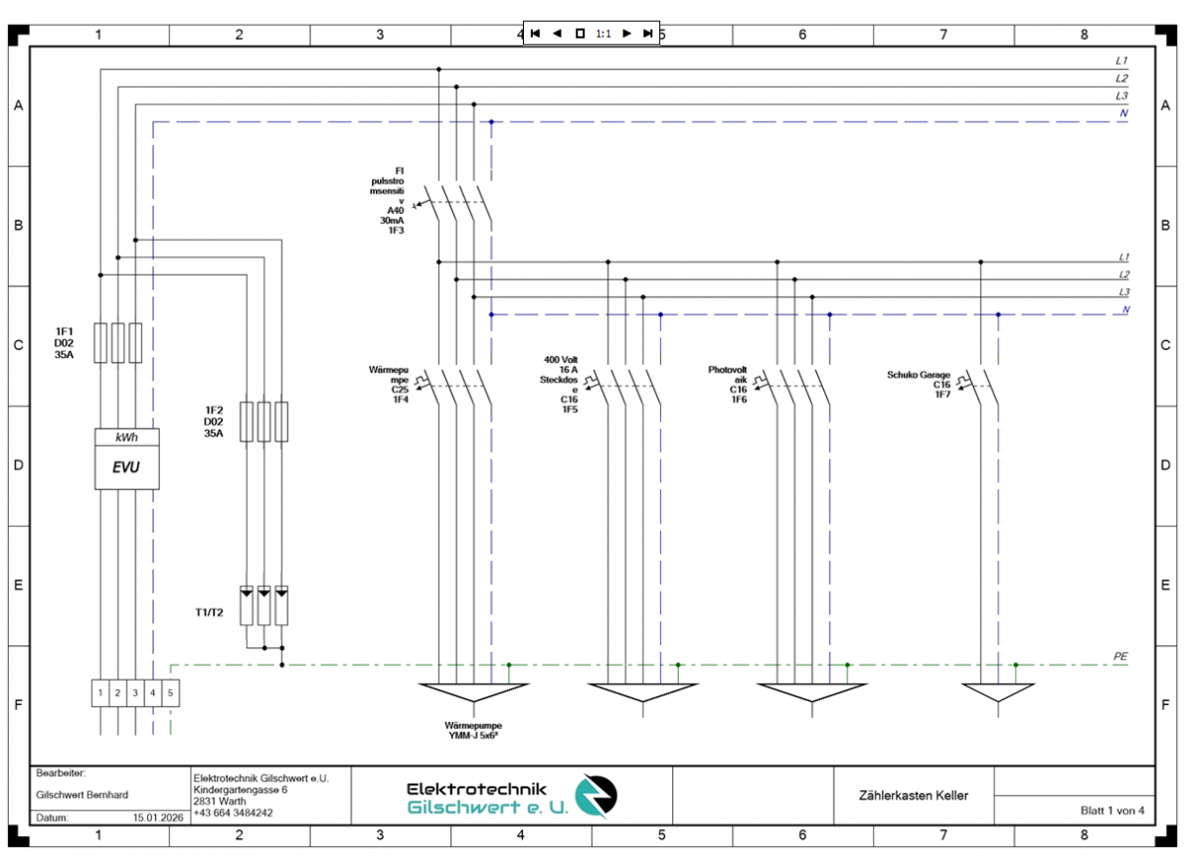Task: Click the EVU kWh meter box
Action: point(126,458)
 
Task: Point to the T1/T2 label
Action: point(209,612)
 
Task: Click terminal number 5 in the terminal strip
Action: point(171,692)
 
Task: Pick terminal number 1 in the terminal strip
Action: point(100,692)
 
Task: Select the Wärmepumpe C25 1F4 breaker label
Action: point(392,384)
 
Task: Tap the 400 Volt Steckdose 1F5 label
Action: point(561,384)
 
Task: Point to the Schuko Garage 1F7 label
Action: point(919,384)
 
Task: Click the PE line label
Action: point(1120,657)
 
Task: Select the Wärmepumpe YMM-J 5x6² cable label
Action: point(473,731)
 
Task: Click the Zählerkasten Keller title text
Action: point(913,795)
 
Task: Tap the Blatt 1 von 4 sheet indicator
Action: point(1112,810)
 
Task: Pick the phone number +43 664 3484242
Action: point(233,813)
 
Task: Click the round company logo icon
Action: point(598,795)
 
